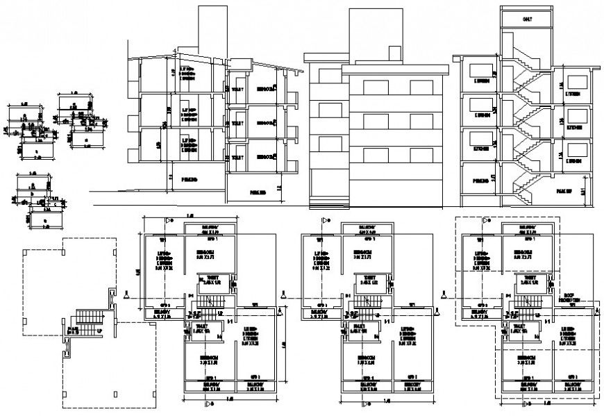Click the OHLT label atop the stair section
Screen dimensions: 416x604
(527, 19)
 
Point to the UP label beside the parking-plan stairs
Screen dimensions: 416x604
(101, 331)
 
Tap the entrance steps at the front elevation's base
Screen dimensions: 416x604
(326, 203)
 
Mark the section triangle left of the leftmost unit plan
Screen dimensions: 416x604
(127, 296)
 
